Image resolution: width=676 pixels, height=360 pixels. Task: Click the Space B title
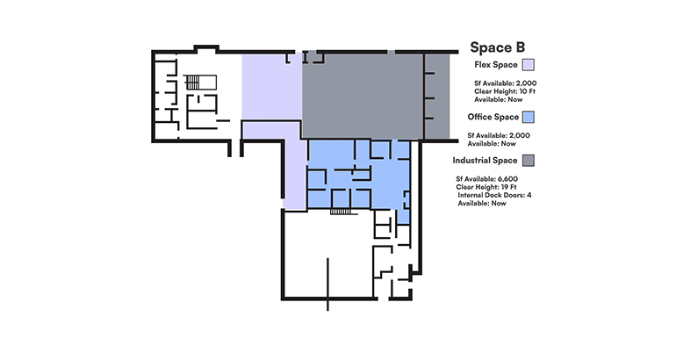(497, 47)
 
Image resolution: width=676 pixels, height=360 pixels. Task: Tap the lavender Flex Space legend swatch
(529, 65)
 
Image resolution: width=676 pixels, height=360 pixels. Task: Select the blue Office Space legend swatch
(529, 117)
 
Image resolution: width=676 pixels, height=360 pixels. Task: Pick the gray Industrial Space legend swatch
(529, 161)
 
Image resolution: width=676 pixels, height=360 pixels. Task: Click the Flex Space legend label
(496, 65)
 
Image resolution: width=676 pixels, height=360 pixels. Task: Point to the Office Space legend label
(493, 117)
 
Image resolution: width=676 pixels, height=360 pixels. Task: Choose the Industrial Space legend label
(485, 161)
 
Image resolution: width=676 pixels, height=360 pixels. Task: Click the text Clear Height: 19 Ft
(485, 187)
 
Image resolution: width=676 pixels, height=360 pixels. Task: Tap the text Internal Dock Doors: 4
(494, 195)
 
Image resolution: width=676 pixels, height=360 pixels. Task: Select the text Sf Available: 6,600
(486, 179)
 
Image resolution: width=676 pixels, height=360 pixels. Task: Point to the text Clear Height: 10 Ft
(505, 91)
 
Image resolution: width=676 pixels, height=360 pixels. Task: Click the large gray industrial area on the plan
(362, 96)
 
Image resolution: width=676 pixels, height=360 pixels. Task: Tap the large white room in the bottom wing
(328, 255)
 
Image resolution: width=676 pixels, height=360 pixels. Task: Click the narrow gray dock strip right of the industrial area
(437, 96)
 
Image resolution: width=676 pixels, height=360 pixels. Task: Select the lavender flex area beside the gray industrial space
(272, 87)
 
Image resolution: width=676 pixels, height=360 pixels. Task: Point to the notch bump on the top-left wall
(206, 48)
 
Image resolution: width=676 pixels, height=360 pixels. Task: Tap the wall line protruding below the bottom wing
(327, 305)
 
